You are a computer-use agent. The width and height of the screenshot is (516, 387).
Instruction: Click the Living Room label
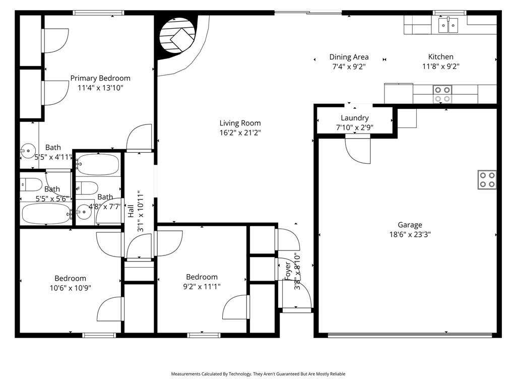240,123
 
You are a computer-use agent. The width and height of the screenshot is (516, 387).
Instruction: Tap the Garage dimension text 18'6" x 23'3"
410,234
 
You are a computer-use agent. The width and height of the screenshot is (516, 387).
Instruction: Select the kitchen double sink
448,25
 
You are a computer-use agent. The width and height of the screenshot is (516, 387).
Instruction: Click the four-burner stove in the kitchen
442,94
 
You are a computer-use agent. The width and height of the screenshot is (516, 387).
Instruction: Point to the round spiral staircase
177,35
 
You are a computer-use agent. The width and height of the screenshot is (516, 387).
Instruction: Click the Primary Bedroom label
100,78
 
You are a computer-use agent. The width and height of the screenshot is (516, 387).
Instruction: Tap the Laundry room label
354,118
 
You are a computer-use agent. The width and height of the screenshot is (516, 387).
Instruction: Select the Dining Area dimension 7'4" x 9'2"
349,67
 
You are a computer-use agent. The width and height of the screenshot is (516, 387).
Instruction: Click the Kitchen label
440,56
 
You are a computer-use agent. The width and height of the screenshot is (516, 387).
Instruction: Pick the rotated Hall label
131,211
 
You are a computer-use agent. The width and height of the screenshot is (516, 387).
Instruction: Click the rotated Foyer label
288,271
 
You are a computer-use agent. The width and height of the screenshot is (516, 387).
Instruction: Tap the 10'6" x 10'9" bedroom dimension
71,288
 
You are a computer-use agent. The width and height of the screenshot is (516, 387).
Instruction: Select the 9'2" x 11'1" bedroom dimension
202,286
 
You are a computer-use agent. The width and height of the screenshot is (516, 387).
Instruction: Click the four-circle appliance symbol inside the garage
487,180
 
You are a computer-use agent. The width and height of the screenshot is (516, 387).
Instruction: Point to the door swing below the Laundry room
358,150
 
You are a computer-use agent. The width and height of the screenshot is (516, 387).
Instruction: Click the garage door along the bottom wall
410,335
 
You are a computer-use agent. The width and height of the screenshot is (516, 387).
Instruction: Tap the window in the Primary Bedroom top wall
98,13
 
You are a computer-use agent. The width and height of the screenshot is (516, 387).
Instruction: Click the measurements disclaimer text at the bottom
258,374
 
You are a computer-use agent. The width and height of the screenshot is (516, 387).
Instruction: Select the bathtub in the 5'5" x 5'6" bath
46,214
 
